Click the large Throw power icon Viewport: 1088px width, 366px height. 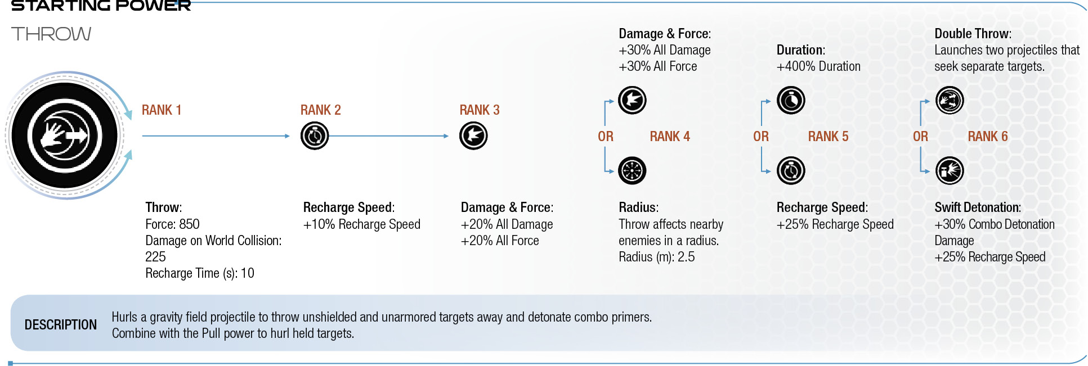tap(65, 135)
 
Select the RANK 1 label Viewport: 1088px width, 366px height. tap(162, 110)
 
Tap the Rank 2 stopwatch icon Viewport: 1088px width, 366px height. tap(315, 135)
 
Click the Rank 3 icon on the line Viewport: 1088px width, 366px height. tap(473, 135)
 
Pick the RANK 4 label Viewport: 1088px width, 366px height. tap(670, 137)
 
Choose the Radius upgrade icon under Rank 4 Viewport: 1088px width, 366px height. tap(632, 170)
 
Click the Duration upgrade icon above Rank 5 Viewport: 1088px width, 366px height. tap(791, 101)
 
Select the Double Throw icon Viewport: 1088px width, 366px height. tap(950, 101)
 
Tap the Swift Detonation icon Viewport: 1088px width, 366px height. tap(950, 170)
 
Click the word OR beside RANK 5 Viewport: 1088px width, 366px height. tap(761, 137)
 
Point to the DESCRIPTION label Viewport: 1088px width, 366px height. tap(61, 325)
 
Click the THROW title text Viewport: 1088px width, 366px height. tap(51, 34)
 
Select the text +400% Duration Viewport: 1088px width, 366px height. tap(818, 66)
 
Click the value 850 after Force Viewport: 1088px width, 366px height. tap(189, 224)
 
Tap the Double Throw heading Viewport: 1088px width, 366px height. tap(973, 34)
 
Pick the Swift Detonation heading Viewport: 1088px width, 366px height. tap(978, 207)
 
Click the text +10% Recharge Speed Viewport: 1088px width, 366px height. tap(362, 224)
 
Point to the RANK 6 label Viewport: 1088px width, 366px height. tap(988, 137)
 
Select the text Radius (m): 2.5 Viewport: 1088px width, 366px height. tap(657, 257)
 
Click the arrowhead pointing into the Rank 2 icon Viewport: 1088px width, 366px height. tap(287, 135)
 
